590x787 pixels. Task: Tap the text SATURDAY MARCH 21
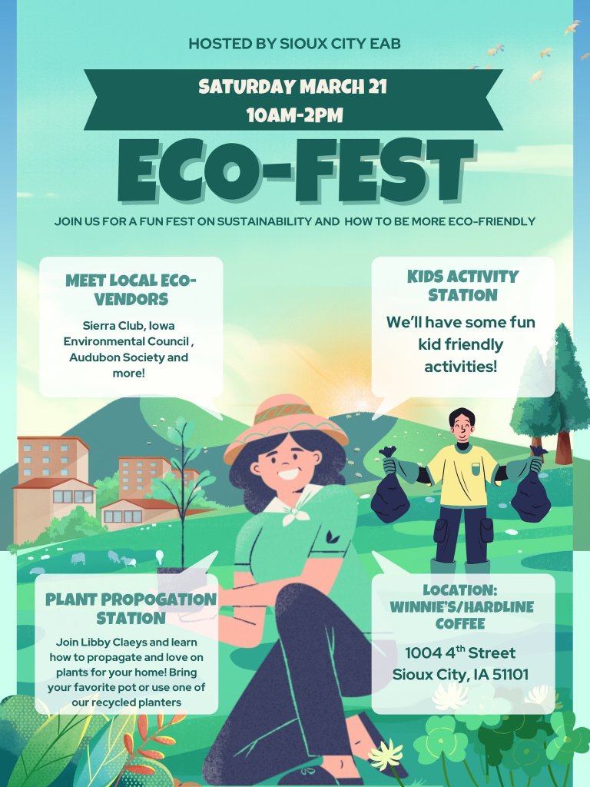[x=293, y=86]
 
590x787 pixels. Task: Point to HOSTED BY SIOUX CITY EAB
[x=294, y=44]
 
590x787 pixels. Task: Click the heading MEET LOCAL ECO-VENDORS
[x=131, y=289]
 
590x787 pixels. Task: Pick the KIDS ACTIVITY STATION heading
[x=462, y=285]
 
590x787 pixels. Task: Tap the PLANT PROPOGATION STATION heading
[x=131, y=608]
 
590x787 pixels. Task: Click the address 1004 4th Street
[x=460, y=653]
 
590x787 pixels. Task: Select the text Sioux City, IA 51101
[x=460, y=675]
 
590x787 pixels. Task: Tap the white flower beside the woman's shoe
[x=386, y=754]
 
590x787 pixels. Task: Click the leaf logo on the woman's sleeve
[x=333, y=536]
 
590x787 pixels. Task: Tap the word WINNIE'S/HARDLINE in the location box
[x=462, y=606]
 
